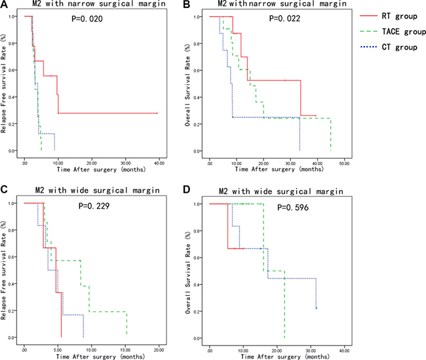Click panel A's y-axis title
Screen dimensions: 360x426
(x=6, y=83)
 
